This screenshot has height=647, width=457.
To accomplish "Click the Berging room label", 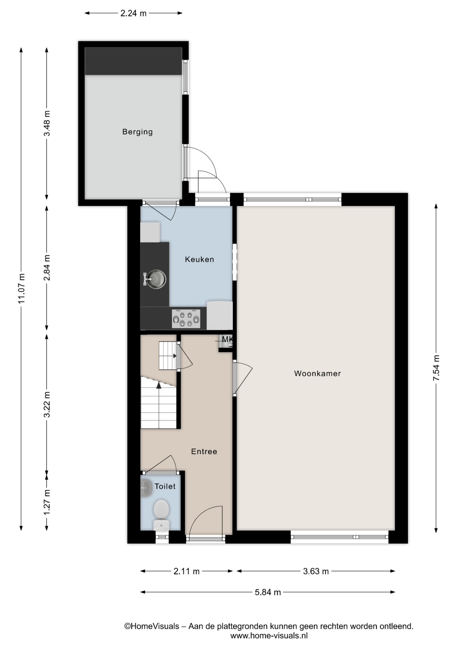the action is tap(137, 132).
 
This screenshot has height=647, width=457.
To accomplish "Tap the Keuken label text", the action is tap(200, 259).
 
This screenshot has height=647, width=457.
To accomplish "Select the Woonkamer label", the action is tap(317, 373).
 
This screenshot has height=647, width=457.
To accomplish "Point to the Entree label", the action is tap(204, 451).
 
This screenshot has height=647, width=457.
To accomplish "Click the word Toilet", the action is tap(165, 486).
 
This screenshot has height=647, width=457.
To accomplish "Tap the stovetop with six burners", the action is tap(186, 318).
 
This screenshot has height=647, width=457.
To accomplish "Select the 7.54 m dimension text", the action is tap(436, 368).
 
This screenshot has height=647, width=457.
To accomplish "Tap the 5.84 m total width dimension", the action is tap(268, 592).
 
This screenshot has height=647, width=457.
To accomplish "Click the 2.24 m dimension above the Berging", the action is tap(134, 13).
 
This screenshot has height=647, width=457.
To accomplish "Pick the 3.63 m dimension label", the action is tap(316, 571).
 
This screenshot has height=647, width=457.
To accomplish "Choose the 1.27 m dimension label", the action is tap(47, 502).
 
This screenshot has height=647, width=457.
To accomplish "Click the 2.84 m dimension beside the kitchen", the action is tap(47, 268).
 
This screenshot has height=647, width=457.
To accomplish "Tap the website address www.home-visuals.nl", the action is tap(269, 636).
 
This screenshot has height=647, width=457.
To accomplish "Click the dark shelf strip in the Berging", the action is tap(133, 61).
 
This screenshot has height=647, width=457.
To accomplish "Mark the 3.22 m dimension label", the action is tap(47, 404).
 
